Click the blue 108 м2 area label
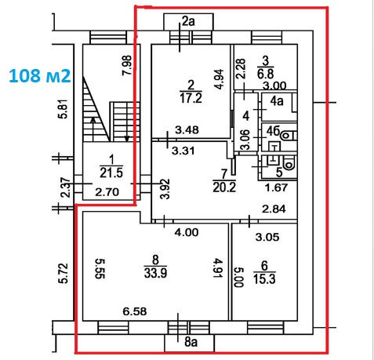click(40, 76)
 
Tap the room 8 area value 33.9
click(155, 273)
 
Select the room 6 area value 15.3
click(264, 279)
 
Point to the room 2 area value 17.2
click(191, 98)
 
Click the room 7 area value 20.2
click(224, 187)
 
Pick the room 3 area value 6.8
click(265, 74)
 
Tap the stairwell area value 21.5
click(111, 173)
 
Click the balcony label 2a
click(188, 21)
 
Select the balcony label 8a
click(191, 342)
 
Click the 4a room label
click(277, 101)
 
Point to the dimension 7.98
click(127, 65)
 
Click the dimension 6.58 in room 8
click(135, 311)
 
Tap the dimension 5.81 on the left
click(64, 109)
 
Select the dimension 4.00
click(187, 232)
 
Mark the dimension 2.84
click(274, 209)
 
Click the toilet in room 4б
click(289, 136)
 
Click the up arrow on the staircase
click(93, 129)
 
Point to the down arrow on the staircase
click(127, 129)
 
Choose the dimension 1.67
click(276, 187)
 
